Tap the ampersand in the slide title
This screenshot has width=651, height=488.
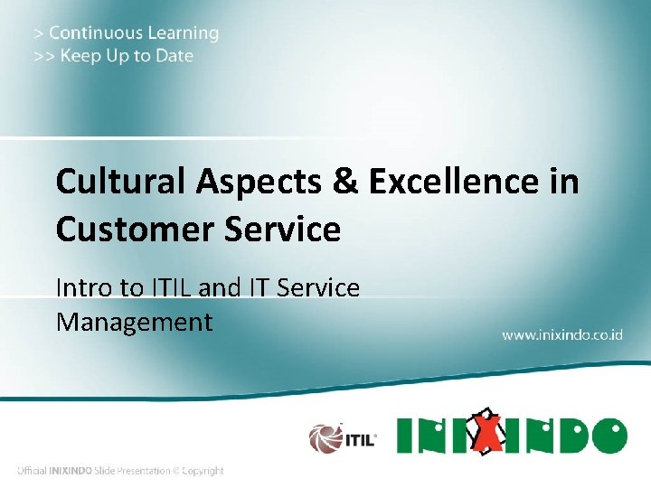344,182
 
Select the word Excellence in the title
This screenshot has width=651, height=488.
456,182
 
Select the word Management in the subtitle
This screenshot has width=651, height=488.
134,322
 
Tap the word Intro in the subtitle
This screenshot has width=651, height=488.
81,288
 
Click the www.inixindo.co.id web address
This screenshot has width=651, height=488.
562,334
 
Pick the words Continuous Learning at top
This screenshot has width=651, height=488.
134,33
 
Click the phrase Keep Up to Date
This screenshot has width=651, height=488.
127,56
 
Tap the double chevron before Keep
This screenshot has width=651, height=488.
43,56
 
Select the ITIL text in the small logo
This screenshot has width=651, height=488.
359,440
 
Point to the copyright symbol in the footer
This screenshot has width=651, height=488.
177,471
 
